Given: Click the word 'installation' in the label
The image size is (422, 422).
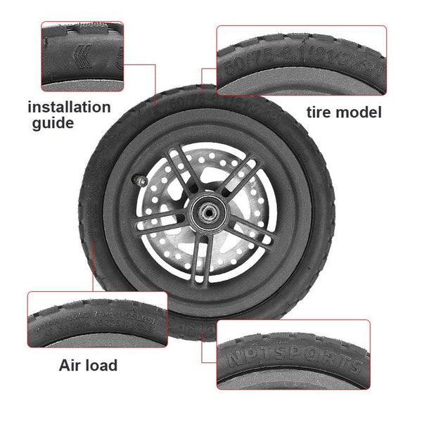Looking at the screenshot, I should click(x=69, y=108).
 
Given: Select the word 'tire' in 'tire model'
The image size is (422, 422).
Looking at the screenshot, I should click(x=321, y=113).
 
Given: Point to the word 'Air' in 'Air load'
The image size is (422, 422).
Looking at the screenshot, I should click(x=73, y=365).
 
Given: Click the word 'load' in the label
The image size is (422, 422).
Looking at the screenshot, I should click(x=101, y=365).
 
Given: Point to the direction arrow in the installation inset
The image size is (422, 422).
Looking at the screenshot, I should click(x=85, y=53).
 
